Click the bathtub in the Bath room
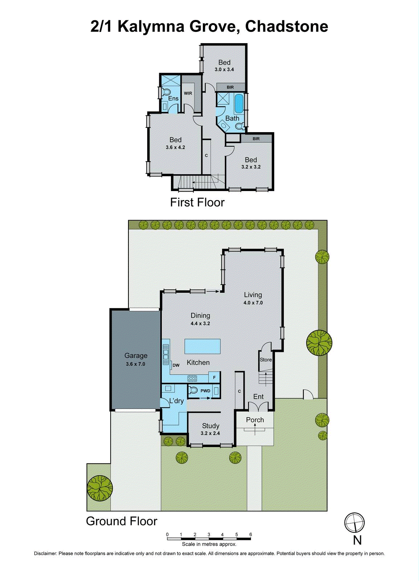click(238, 103)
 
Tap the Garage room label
click(136, 356)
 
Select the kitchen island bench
click(202, 346)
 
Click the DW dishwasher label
click(176, 365)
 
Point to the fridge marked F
click(214, 378)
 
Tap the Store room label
click(266, 359)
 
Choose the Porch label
click(255, 420)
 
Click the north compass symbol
click(354, 523)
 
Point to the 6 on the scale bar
click(251, 535)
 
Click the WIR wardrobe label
click(188, 93)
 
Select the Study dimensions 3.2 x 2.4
click(210, 433)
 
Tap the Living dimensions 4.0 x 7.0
click(253, 302)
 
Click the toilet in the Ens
click(166, 92)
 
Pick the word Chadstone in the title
click(287, 27)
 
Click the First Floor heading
click(197, 202)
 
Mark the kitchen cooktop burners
click(192, 378)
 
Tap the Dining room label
click(200, 316)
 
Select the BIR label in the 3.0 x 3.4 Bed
click(230, 87)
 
